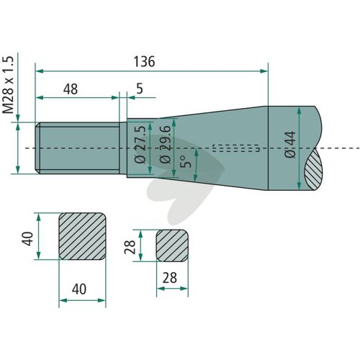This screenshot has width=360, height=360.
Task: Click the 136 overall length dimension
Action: pyautogui.click(x=144, y=61)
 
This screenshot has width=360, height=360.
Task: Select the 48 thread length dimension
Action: pyautogui.click(x=71, y=89)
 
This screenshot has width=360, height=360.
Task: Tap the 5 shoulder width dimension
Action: pyautogui.click(x=140, y=89)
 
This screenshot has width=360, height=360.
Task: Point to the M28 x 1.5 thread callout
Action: pyautogui.click(x=8, y=85)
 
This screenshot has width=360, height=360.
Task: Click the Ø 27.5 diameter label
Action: pyautogui.click(x=140, y=145)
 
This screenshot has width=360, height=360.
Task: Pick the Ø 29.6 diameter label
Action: pyautogui.click(x=166, y=145)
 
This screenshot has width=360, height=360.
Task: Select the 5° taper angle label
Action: pyautogui.click(x=186, y=161)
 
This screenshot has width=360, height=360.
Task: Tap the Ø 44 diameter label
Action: pyautogui.click(x=289, y=145)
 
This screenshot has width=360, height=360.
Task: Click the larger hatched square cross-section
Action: pyautogui.click(x=82, y=236)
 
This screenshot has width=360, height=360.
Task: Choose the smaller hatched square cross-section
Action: pyautogui.click(x=172, y=246)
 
